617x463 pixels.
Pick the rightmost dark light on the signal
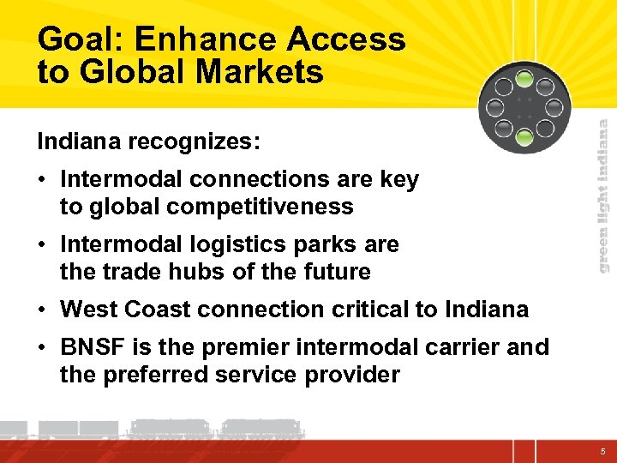coord(553,108)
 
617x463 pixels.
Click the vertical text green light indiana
coord(603,195)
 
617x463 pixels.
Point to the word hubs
coord(197,272)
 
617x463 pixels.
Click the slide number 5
coord(602,450)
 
